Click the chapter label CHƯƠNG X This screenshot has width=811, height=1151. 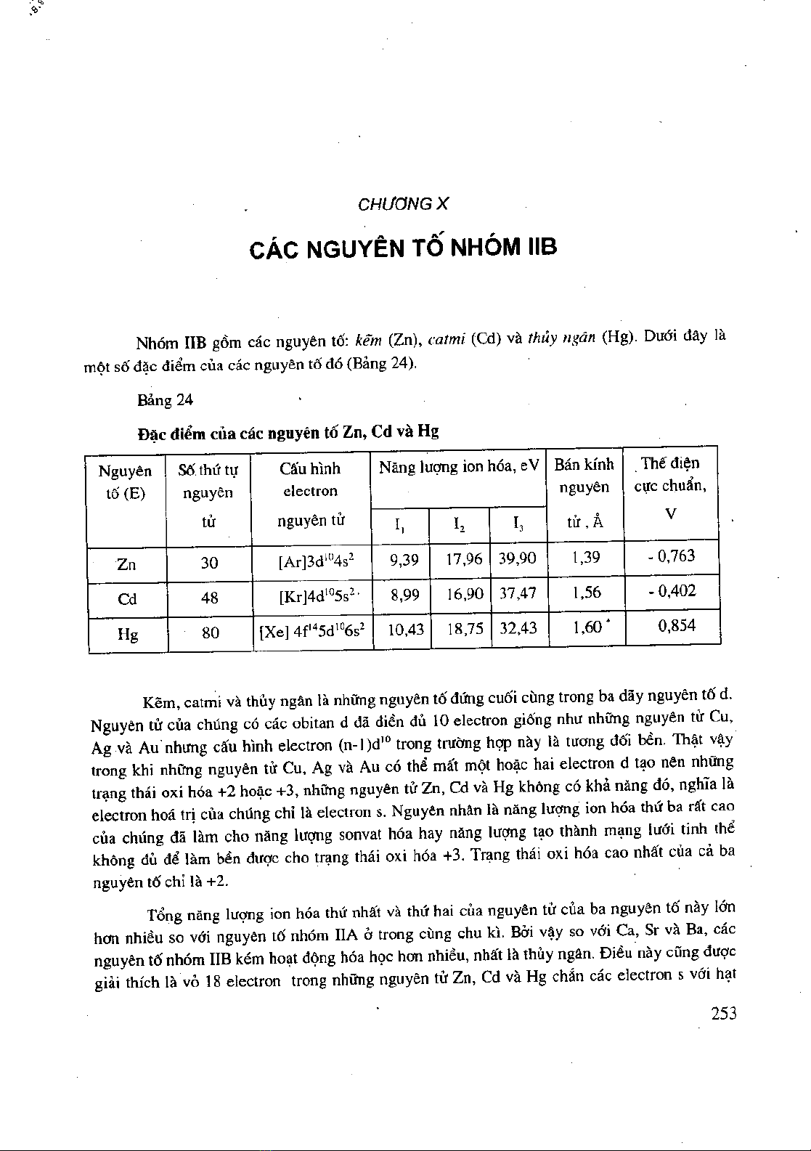point(404,204)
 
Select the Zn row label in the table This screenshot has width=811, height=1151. point(126,564)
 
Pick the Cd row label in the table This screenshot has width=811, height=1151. point(127,600)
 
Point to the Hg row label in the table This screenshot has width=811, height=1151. point(128,635)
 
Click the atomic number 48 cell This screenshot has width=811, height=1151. point(210,598)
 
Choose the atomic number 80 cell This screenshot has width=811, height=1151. point(210,633)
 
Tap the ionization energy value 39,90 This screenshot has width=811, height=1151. point(518,558)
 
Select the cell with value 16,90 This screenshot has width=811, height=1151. point(465,594)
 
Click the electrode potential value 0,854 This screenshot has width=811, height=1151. point(676,625)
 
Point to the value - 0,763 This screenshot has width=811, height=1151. point(672,556)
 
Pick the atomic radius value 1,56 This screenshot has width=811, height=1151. point(587,593)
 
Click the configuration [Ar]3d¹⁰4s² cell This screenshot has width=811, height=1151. point(315,561)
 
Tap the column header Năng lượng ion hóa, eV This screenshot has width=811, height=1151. point(459,467)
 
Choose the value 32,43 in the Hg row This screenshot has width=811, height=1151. point(518,628)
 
